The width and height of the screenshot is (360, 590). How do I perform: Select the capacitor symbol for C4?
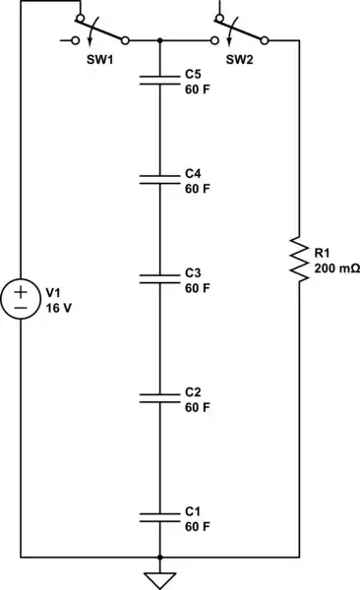coord(159,180)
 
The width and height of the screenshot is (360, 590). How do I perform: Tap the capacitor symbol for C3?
coord(159,278)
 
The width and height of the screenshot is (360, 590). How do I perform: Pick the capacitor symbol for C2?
coord(159,397)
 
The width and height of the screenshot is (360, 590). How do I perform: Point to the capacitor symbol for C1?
coord(159,516)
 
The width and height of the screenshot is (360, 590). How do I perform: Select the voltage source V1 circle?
coord(21,297)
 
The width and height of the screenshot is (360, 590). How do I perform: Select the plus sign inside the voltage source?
coord(21,289)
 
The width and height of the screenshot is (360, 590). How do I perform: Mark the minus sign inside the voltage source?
coord(21,307)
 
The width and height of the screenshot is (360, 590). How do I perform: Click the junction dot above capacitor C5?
coord(159,41)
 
